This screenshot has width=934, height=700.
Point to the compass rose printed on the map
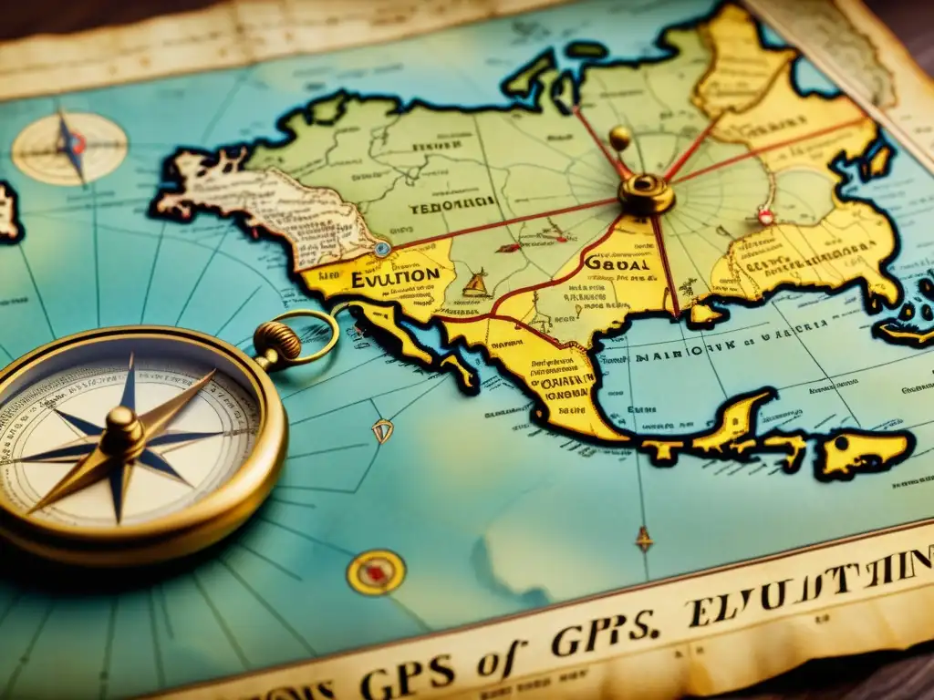69,147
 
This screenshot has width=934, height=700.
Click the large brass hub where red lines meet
646,194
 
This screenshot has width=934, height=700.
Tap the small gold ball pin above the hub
620,138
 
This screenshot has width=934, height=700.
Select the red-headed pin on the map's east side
765,216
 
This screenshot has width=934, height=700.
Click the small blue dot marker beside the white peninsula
382,248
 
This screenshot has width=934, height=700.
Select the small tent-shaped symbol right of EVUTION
474,283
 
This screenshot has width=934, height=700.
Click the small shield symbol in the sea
382,430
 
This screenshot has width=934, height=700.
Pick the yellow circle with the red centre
376,572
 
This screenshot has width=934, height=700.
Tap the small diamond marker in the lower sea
644,539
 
